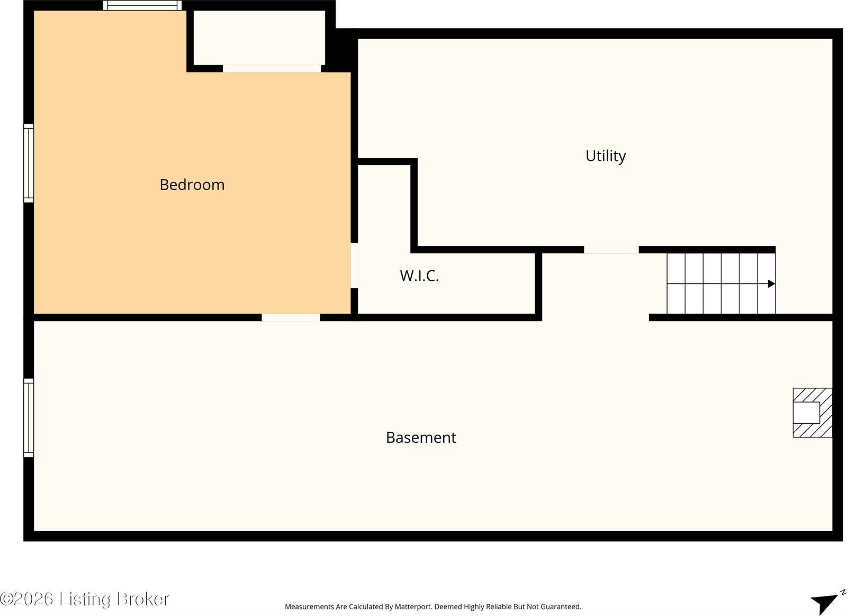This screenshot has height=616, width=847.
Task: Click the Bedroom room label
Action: point(192,185)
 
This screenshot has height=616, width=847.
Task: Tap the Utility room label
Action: point(606,156)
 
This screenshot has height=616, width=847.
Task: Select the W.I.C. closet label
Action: point(419,276)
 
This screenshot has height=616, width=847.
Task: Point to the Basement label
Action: point(421,438)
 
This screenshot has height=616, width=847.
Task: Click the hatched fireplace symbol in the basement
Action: point(812,413)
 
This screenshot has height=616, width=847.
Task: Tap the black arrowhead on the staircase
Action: point(771,284)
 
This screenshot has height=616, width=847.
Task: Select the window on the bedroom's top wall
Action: point(142,5)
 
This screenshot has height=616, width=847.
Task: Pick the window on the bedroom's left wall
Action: point(29,163)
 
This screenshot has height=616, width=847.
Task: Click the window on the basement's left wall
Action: point(29,418)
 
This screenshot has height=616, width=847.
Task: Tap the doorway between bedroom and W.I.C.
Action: point(354,265)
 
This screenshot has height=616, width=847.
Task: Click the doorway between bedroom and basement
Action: point(291,317)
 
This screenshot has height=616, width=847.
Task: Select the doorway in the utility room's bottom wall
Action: point(611,249)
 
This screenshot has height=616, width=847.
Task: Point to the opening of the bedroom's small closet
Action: point(272,68)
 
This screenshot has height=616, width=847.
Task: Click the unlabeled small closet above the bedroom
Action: point(259,38)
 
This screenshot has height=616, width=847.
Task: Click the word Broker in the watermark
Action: point(143,599)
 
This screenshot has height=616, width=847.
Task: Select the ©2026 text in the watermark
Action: point(26,599)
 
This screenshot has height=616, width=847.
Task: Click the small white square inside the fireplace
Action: point(806,413)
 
